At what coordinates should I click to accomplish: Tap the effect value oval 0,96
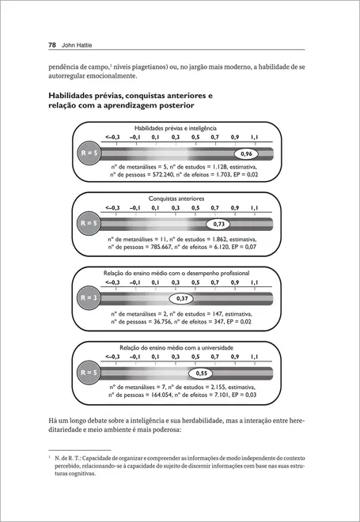246,153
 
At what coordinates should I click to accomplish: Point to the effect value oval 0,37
183,298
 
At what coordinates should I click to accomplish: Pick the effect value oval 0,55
203,373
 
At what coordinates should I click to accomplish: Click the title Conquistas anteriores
176,199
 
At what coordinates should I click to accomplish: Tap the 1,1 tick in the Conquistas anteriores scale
254,209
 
